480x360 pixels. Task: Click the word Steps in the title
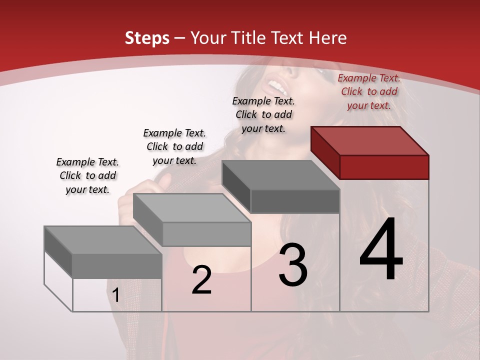[146, 38]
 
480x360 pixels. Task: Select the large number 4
[381, 249]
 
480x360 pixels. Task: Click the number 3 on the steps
[293, 264]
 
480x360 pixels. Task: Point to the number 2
[201, 280]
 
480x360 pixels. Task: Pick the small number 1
[115, 295]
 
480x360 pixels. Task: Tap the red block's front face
[384, 167]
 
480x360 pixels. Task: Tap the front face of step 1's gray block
[117, 265]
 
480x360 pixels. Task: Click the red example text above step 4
[369, 91]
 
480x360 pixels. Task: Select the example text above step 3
[263, 114]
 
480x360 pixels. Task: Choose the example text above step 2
[174, 146]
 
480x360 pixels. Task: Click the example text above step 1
[87, 175]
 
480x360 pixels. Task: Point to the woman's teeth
[279, 88]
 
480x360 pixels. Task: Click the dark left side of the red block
[325, 152]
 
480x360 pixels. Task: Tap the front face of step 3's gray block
[295, 201]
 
